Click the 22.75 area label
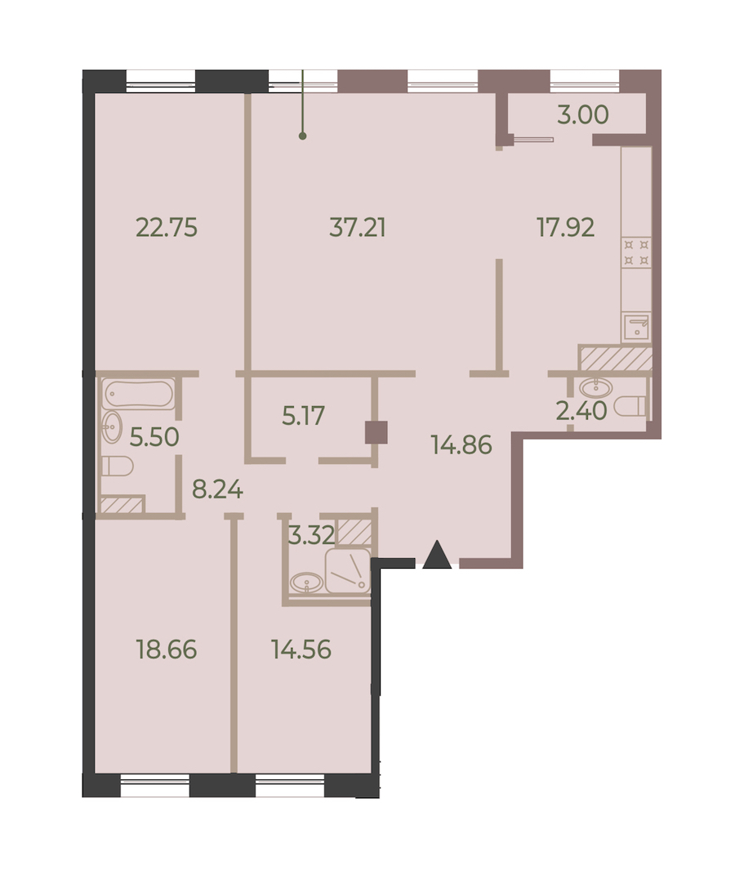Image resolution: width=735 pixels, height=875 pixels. click(x=167, y=228)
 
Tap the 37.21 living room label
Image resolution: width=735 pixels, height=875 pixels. click(x=358, y=228)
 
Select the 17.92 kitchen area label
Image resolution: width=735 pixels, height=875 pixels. click(x=565, y=228)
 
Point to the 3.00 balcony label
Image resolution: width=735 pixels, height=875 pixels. click(x=583, y=114)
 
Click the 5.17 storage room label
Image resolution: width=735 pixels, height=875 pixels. click(x=303, y=416)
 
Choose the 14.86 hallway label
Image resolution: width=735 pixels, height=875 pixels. click(x=461, y=445)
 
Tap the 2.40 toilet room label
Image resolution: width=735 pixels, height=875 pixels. click(x=581, y=411)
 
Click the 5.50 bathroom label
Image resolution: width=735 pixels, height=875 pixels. click(x=154, y=437)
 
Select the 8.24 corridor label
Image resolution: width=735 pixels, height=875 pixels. click(x=217, y=489)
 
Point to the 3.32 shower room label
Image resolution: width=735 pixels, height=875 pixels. click(x=312, y=535)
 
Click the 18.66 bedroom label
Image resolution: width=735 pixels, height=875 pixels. click(x=167, y=650)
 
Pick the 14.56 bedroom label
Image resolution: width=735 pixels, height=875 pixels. click(x=301, y=650)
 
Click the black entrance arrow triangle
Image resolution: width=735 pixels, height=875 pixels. click(x=437, y=555)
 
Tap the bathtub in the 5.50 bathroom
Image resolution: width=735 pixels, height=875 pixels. click(x=139, y=394)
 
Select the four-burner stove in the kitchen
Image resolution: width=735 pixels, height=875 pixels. click(x=636, y=252)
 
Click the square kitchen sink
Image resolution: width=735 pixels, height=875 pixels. click(x=636, y=327)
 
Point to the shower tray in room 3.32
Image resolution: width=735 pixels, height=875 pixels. click(x=348, y=571)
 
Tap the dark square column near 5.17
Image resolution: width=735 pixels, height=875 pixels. click(x=376, y=432)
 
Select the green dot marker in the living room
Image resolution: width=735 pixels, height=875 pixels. click(x=302, y=136)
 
